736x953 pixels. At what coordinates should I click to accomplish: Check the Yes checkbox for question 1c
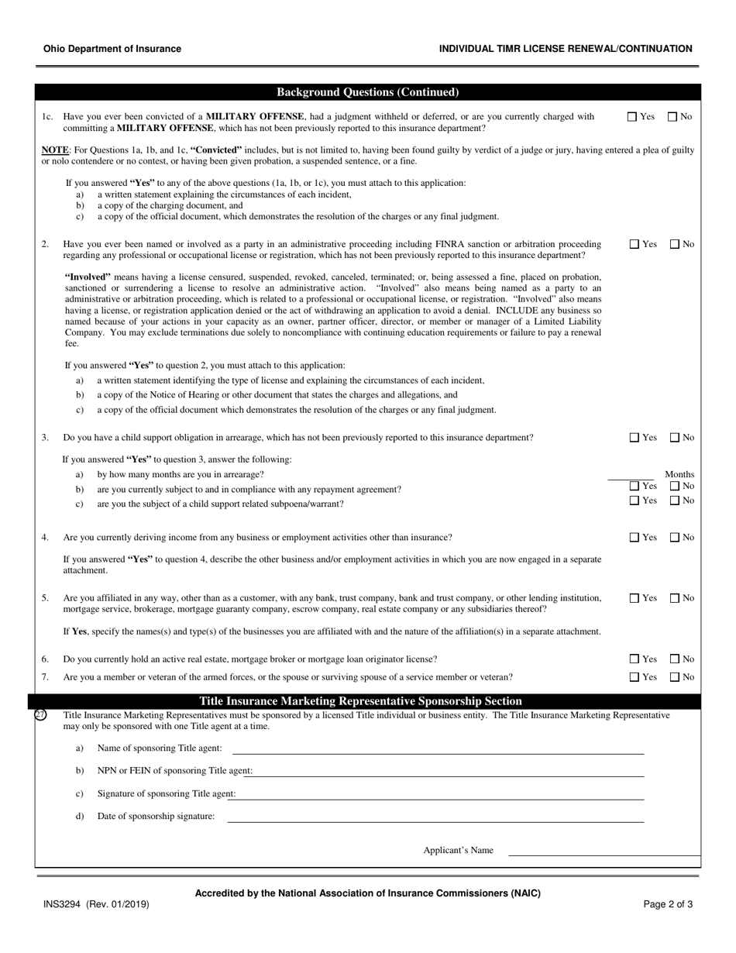point(632,117)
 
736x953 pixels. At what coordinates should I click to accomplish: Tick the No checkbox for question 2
point(673,244)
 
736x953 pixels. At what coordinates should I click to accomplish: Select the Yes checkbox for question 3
point(634,438)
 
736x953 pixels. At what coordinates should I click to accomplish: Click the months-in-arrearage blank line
point(631,475)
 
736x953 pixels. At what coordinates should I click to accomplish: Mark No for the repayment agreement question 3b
point(673,486)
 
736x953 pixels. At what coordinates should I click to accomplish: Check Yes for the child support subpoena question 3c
point(634,501)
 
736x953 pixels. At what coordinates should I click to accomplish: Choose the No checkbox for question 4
point(673,538)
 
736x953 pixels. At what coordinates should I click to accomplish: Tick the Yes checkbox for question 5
point(634,598)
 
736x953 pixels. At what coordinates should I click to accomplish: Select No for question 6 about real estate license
point(673,659)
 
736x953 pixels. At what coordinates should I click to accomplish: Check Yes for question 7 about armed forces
point(634,677)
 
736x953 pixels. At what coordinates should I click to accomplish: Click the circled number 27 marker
point(41,715)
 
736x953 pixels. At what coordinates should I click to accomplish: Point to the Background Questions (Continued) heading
point(367,92)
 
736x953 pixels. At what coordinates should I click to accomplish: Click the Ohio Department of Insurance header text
point(112,49)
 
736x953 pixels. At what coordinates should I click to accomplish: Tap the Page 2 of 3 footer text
point(668,904)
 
